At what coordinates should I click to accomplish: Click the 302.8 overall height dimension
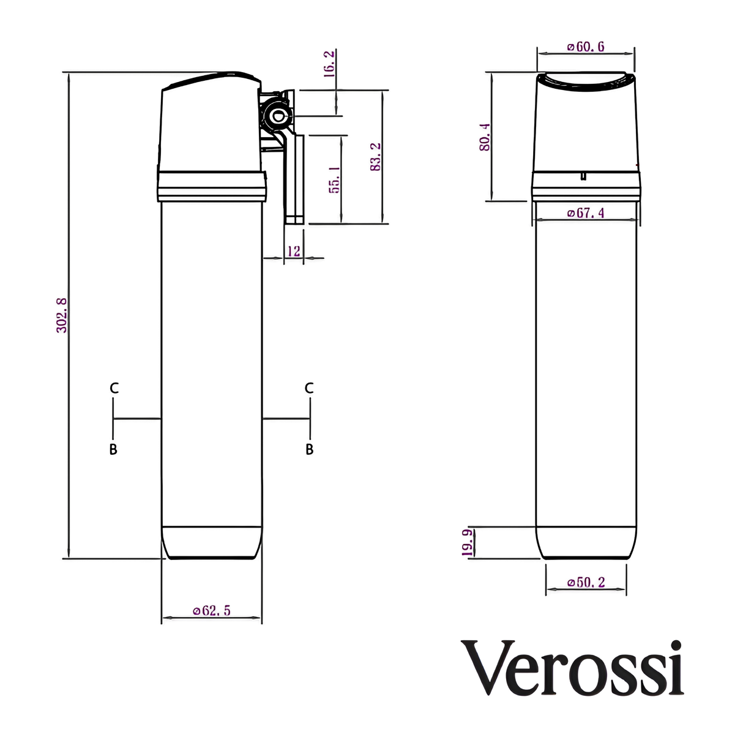(62, 315)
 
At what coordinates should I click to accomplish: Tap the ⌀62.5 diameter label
(212, 610)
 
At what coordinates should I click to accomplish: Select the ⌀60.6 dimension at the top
(586, 47)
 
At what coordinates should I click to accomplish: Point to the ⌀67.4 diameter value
(586, 213)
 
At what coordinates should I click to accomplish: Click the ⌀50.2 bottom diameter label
(586, 582)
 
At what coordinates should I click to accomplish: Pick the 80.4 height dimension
(485, 137)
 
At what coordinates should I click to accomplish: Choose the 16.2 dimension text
(329, 64)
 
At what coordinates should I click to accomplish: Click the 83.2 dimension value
(376, 157)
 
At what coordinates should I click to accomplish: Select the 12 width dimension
(294, 251)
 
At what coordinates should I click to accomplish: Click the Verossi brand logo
(572, 668)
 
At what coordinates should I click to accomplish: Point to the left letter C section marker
(114, 388)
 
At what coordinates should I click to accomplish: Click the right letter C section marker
(309, 388)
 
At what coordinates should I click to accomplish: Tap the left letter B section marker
(113, 449)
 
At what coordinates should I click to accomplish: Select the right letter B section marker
(309, 449)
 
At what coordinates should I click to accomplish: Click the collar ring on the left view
(212, 187)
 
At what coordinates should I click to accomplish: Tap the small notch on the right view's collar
(583, 176)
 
